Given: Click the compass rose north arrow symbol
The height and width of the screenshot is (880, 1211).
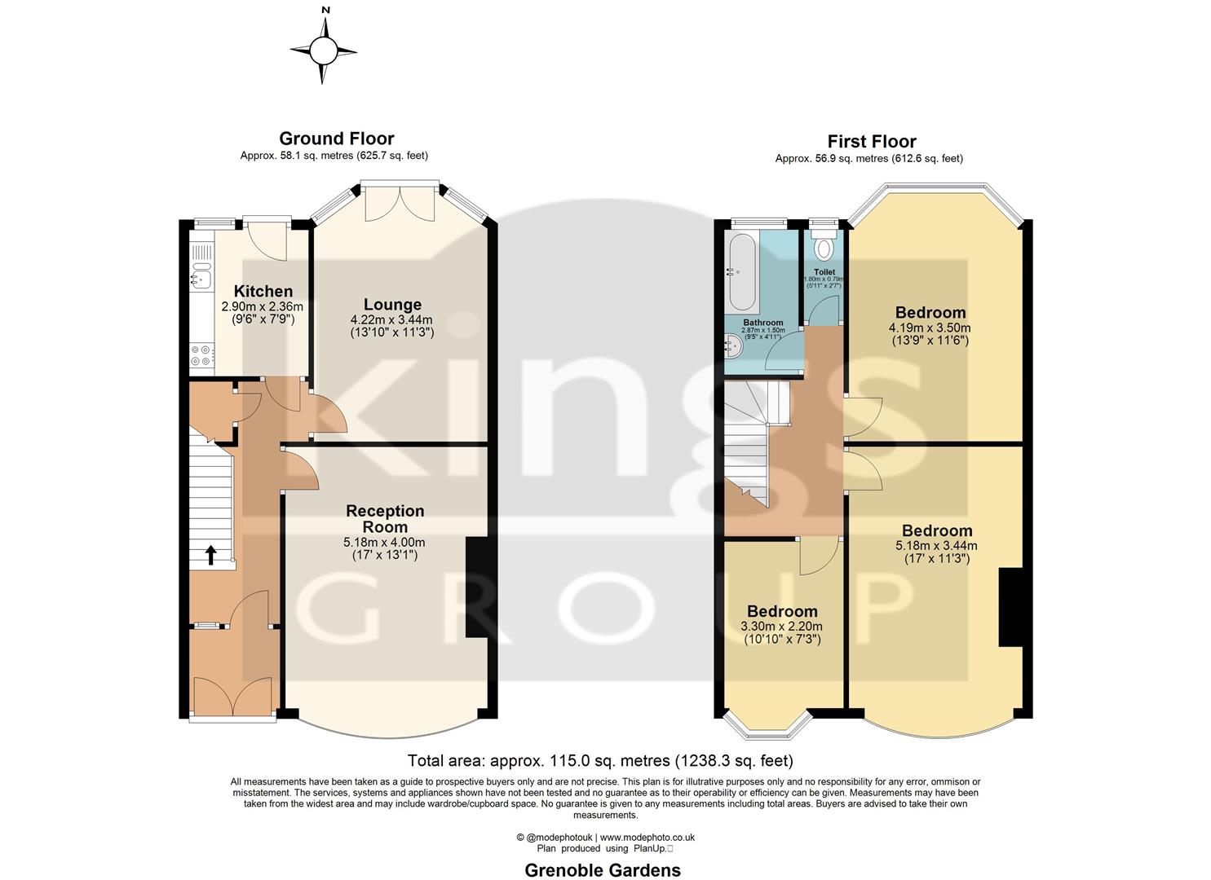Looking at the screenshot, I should (x=324, y=51).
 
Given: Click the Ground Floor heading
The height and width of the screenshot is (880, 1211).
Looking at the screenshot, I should (x=336, y=139).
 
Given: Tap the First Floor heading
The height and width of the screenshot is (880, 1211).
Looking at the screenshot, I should (x=871, y=142).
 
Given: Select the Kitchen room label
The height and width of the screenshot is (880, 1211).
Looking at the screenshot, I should (x=263, y=291).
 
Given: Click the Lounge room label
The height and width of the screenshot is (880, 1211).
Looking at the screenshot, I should (x=391, y=305).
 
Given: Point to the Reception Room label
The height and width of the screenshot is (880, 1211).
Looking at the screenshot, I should (x=385, y=518).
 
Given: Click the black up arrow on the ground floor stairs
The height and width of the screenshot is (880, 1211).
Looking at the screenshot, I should (x=210, y=556).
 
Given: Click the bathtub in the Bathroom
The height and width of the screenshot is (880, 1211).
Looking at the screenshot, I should (x=741, y=270).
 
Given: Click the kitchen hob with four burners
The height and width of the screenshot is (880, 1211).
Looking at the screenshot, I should (x=201, y=355).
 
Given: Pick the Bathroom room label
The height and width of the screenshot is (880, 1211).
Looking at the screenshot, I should (x=762, y=323).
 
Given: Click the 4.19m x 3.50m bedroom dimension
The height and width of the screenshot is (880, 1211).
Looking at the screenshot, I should (x=930, y=328).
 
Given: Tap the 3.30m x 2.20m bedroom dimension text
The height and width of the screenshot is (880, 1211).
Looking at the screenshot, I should (x=781, y=627).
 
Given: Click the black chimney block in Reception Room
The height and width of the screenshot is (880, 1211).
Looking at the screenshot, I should (x=475, y=587).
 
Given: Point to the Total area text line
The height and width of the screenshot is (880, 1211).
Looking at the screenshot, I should (x=599, y=761).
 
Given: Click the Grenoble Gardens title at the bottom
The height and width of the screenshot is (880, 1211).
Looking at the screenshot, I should (x=602, y=870).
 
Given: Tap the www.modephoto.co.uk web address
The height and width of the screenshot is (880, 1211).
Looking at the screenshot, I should (x=647, y=837).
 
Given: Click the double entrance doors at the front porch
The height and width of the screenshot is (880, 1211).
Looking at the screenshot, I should (x=233, y=694).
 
